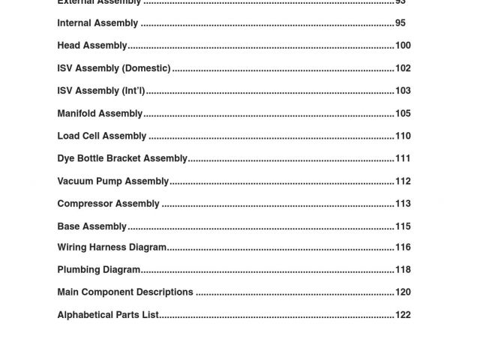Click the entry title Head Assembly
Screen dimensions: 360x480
92,46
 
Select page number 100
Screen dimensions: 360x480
403,46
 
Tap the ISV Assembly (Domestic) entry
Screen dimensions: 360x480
114,68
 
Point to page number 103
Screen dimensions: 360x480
403,91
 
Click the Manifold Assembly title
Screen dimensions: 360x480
100,113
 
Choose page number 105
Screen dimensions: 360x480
403,113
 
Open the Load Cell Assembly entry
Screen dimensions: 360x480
102,136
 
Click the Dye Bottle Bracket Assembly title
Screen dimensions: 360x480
122,158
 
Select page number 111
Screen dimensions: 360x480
403,158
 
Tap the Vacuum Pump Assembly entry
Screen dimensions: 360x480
113,181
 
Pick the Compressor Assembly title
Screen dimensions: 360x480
108,203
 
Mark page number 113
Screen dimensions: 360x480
403,203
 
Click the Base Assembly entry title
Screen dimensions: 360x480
92,226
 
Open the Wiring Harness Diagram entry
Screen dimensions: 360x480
112,247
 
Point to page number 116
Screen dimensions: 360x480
403,247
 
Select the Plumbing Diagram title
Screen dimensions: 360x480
99,269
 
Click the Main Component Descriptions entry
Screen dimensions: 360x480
125,292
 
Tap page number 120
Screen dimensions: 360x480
403,292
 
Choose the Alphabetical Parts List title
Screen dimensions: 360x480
108,315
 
